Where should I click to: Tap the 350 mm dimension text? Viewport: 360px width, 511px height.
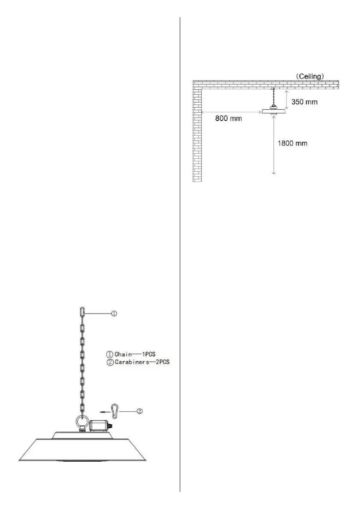click(x=306, y=103)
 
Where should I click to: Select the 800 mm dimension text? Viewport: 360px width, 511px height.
click(x=228, y=119)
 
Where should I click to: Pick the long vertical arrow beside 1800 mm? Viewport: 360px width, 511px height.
click(x=274, y=146)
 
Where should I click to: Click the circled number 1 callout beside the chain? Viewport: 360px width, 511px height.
click(x=114, y=314)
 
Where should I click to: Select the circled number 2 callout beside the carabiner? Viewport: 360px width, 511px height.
click(x=140, y=411)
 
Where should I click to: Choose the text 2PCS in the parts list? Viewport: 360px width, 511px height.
click(x=162, y=362)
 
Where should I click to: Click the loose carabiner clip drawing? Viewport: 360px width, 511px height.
click(x=115, y=411)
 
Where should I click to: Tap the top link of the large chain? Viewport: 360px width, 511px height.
click(x=83, y=311)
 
